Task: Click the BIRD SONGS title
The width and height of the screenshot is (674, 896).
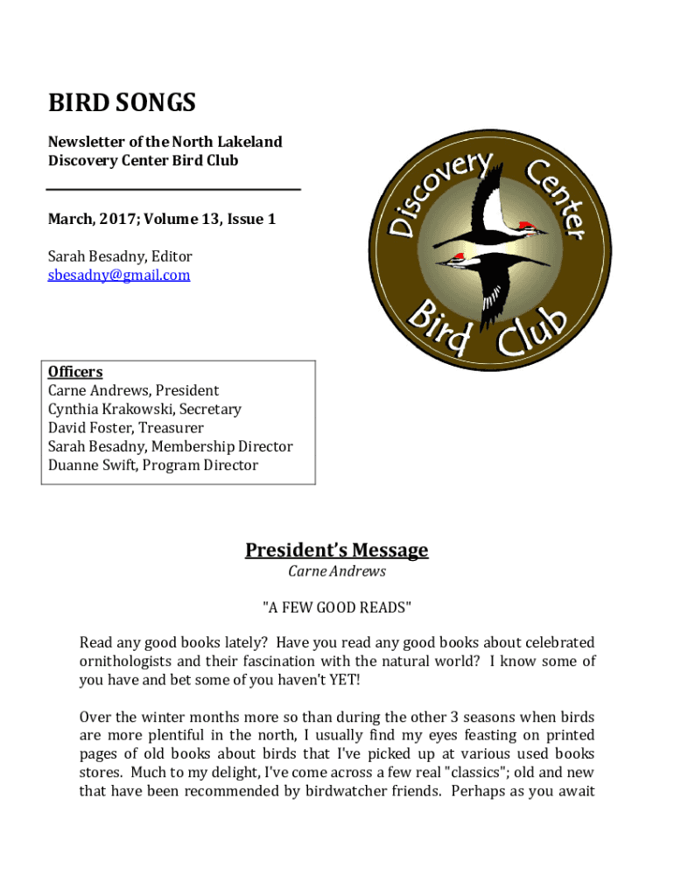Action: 122,104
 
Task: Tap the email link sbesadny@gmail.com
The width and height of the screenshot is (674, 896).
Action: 118,276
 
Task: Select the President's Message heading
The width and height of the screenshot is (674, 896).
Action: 336,550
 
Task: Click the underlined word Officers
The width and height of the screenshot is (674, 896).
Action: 75,372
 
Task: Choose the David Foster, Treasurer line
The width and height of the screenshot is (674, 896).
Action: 125,428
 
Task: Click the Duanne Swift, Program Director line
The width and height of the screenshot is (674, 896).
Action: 152,465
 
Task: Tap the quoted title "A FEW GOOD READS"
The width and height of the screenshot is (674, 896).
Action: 336,607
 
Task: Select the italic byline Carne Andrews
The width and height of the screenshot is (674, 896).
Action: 336,571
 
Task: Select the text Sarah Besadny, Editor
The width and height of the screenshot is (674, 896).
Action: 119,256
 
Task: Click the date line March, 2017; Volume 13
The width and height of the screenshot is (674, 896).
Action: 161,220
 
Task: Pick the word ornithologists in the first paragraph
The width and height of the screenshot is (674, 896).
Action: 128,661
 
